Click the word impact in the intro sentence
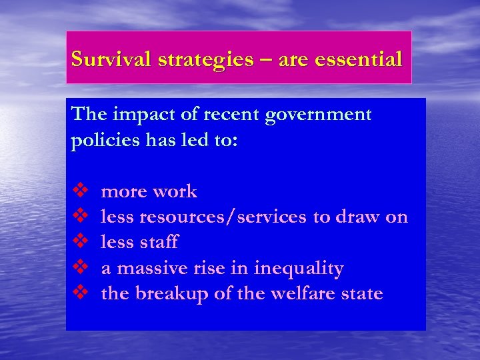click(x=136, y=115)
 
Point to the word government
click(x=318, y=115)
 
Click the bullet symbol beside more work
click(x=79, y=192)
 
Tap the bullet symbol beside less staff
click(x=79, y=242)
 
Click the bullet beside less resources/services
click(x=79, y=217)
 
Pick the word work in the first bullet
click(x=175, y=192)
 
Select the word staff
click(x=159, y=243)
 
